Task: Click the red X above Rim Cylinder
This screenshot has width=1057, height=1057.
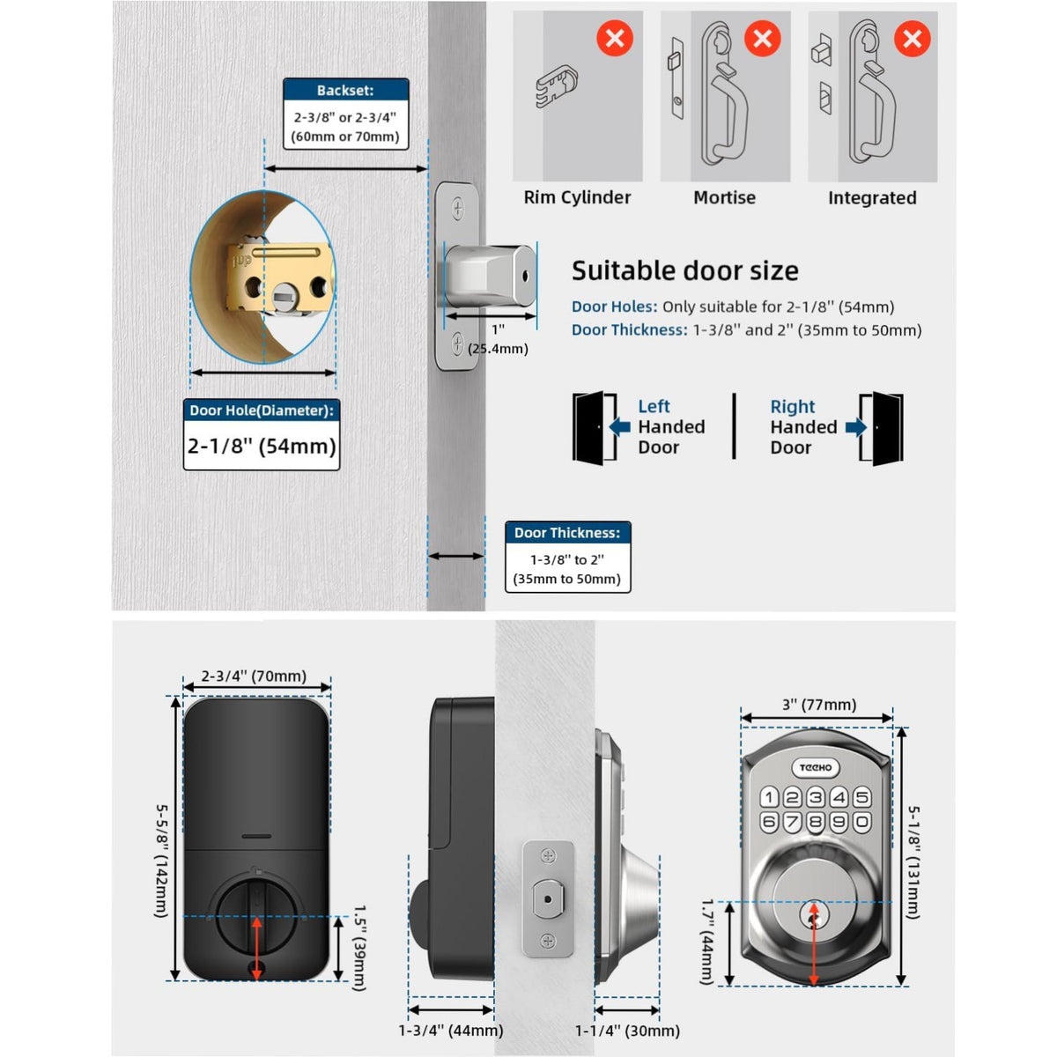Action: [x=615, y=38]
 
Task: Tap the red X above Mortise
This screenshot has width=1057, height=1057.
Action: [x=763, y=38]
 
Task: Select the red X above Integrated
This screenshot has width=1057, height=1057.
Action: [x=913, y=38]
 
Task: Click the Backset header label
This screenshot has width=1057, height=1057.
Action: [x=345, y=90]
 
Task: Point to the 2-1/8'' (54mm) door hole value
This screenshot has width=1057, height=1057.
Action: [x=262, y=446]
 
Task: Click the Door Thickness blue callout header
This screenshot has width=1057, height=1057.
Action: [x=567, y=533]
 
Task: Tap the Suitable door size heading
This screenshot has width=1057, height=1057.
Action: [x=684, y=270]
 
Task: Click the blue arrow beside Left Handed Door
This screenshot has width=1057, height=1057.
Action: [x=620, y=427]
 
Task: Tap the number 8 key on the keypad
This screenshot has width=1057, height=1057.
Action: [x=816, y=822]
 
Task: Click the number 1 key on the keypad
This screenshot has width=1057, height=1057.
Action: [x=769, y=798]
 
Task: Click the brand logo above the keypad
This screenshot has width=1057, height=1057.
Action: [x=816, y=768]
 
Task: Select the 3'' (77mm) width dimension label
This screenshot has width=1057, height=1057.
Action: [x=819, y=705]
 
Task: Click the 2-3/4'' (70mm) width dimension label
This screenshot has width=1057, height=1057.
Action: [x=254, y=676]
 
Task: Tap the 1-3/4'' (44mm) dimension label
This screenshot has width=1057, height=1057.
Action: [x=451, y=1030]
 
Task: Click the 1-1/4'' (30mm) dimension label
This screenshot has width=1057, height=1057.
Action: [x=627, y=1030]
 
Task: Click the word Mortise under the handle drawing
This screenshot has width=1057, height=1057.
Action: [x=724, y=197]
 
